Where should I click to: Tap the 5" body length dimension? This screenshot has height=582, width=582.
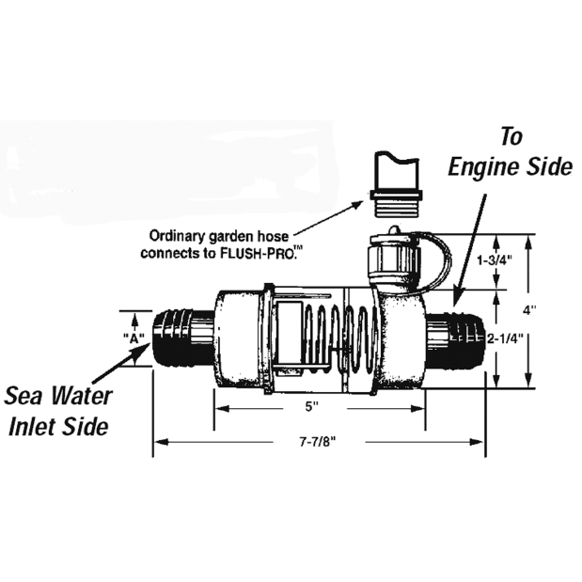click(312, 407)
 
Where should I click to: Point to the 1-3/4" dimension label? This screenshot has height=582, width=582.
click(495, 260)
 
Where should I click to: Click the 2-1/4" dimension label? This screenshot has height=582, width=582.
click(505, 338)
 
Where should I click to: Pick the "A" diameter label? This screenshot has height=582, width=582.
click(134, 338)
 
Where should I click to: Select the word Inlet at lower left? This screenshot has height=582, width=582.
click(30, 427)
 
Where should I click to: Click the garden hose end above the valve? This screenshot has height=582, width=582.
click(396, 184)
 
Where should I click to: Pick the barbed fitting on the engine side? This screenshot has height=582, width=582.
click(455, 338)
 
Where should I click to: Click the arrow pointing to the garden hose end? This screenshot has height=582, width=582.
click(328, 217)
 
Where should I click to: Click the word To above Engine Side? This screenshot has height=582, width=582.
click(511, 136)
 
